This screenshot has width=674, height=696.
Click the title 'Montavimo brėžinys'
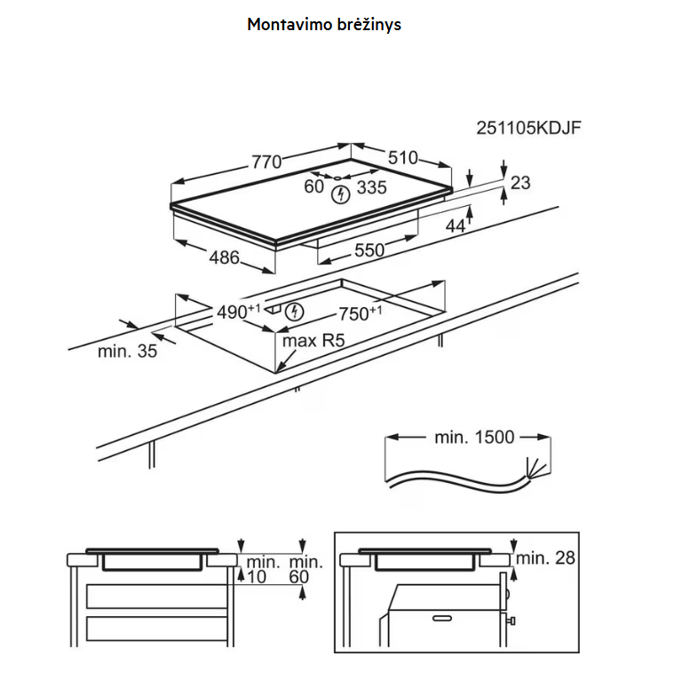pos(323,25)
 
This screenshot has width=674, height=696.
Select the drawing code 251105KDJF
pos(528,128)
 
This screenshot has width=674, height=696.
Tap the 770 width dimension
pos(266,162)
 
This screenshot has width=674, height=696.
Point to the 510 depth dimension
pos(403,158)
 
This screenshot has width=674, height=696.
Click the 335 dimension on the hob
pos(371,187)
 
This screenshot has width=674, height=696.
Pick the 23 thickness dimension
pos(520,183)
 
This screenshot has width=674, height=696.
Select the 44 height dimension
pos(456,225)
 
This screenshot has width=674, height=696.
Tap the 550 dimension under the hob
pos(369,250)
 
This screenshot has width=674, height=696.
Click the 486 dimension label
pos(224,257)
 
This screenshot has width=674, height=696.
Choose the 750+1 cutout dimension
pos(361,312)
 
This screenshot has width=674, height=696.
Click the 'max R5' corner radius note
pos(313,341)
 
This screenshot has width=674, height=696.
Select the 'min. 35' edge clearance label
pos(128,352)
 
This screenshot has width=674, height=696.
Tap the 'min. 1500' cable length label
pos(474,437)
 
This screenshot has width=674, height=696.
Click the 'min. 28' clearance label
pos(545,558)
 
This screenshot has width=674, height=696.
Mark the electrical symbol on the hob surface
pos(341,194)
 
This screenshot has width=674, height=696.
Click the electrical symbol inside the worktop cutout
pos(294,312)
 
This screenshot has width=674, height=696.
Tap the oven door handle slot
pos(442,618)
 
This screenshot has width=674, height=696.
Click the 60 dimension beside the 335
pos(313,186)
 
